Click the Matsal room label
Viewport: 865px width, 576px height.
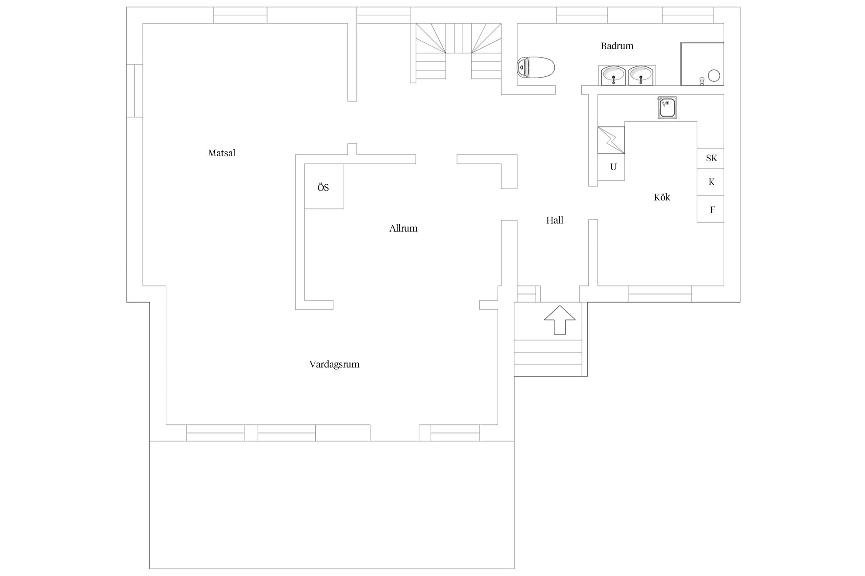[221, 153]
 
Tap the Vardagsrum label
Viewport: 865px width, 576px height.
[334, 364]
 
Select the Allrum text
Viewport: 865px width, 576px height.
[403, 228]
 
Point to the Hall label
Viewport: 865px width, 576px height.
[554, 220]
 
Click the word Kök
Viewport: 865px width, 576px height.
[662, 197]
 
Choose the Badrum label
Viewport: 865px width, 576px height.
[617, 46]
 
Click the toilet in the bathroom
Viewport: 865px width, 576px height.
[536, 68]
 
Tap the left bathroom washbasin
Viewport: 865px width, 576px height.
[613, 76]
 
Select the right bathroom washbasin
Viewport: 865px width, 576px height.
[640, 76]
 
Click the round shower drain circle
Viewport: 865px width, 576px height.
[714, 76]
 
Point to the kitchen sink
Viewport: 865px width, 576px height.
[667, 108]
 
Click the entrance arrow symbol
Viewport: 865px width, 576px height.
[560, 320]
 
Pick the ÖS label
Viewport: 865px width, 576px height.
[323, 188]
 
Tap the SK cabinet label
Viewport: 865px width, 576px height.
[712, 158]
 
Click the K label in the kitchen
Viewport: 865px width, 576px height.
[712, 182]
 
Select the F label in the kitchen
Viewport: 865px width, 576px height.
[712, 210]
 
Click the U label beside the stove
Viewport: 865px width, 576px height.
[613, 167]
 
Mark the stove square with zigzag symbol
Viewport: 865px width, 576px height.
[611, 140]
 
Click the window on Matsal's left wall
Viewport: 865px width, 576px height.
[135, 91]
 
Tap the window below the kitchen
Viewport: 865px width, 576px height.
[660, 294]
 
